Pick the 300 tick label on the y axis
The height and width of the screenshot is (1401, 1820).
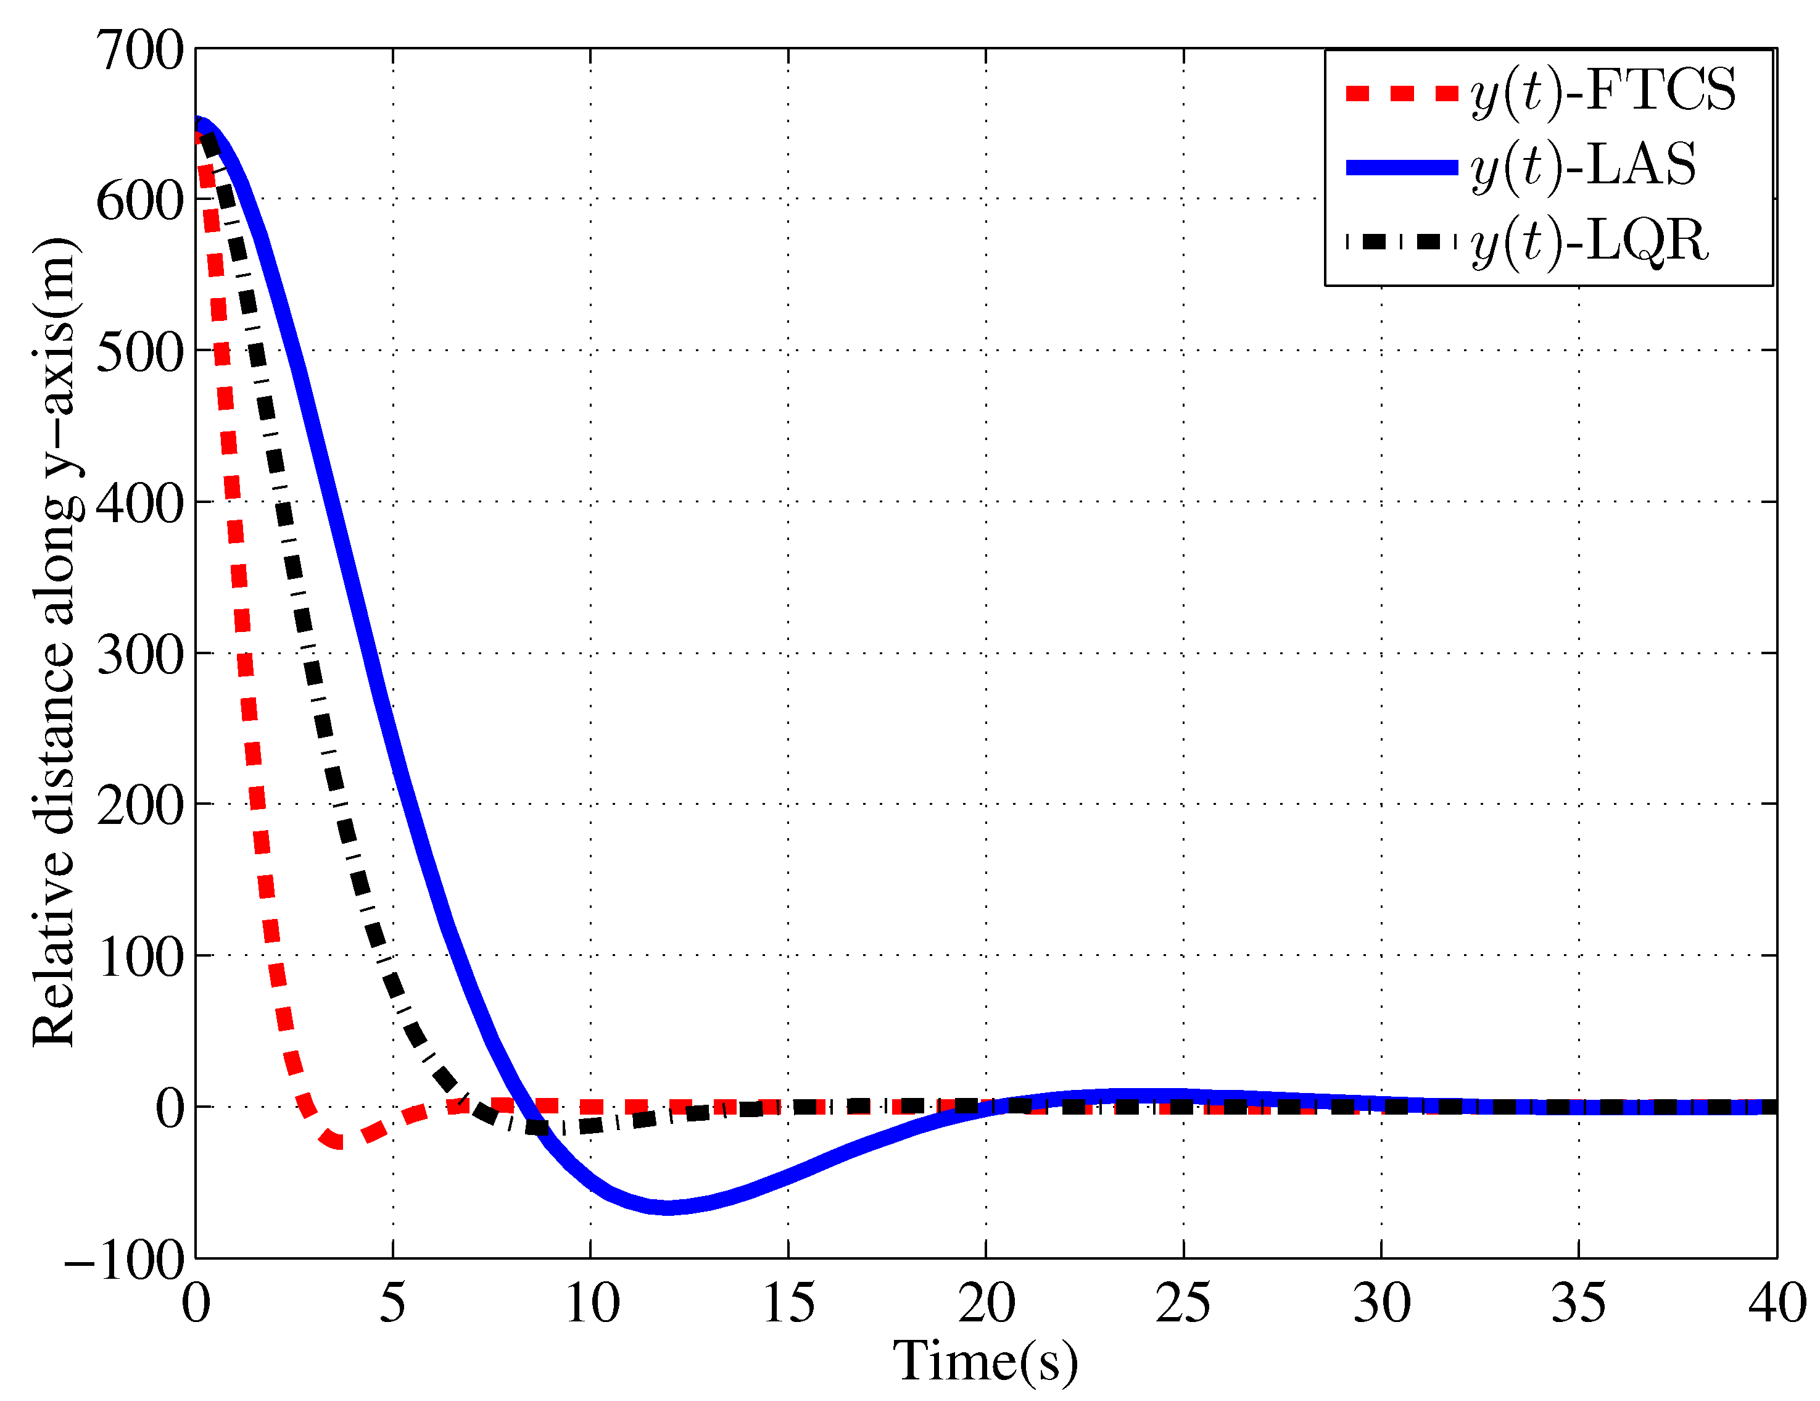click(140, 655)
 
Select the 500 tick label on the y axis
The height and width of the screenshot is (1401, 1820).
click(140, 352)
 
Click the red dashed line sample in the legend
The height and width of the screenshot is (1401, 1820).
click(1402, 93)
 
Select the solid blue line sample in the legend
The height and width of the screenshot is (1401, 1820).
click(1402, 167)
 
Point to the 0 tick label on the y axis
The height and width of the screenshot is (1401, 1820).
click(170, 1108)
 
